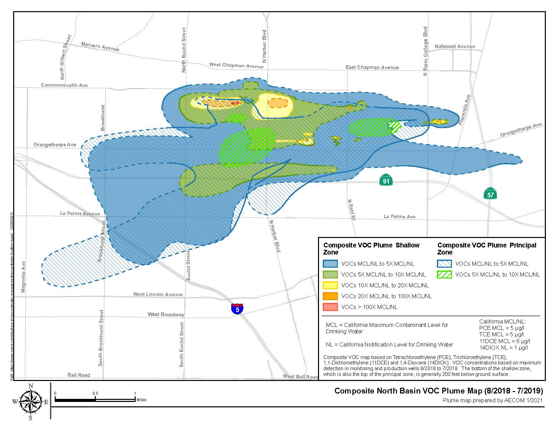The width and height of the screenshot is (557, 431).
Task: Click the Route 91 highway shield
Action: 386,180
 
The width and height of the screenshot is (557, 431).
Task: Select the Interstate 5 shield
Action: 237,309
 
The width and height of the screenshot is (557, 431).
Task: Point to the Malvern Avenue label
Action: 100,47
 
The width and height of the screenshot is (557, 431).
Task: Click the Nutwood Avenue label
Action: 455,46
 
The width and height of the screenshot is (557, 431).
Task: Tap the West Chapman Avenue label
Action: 236,65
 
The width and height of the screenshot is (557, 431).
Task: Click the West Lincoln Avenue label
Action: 158,294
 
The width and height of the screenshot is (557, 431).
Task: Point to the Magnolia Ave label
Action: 23,277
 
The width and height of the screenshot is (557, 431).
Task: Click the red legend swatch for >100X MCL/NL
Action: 330,307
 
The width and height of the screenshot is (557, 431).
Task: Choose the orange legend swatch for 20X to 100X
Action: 330,296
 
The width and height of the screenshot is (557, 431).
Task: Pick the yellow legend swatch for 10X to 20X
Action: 330,285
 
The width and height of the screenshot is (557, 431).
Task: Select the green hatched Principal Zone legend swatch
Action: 444,274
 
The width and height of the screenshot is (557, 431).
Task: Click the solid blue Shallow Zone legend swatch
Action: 330,264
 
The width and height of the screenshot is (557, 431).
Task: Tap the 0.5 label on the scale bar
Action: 95,393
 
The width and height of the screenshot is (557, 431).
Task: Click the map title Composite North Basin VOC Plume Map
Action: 439,391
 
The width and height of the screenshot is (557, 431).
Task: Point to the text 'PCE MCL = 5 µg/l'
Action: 501,328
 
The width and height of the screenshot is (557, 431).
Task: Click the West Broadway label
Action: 166,314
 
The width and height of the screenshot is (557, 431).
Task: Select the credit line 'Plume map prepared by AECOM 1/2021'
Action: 493,401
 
